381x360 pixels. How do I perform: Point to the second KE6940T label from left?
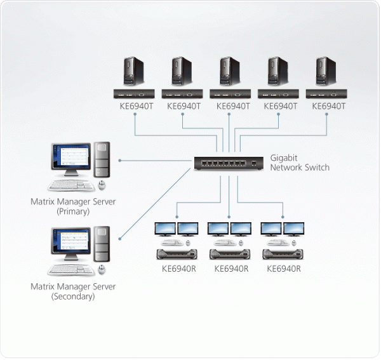click(x=184, y=106)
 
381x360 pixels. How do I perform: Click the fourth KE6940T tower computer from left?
click(x=276, y=72)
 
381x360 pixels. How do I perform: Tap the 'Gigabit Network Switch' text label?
click(x=300, y=162)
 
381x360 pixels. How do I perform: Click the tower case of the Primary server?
click(x=102, y=160)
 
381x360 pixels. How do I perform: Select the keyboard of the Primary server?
click(x=70, y=186)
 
